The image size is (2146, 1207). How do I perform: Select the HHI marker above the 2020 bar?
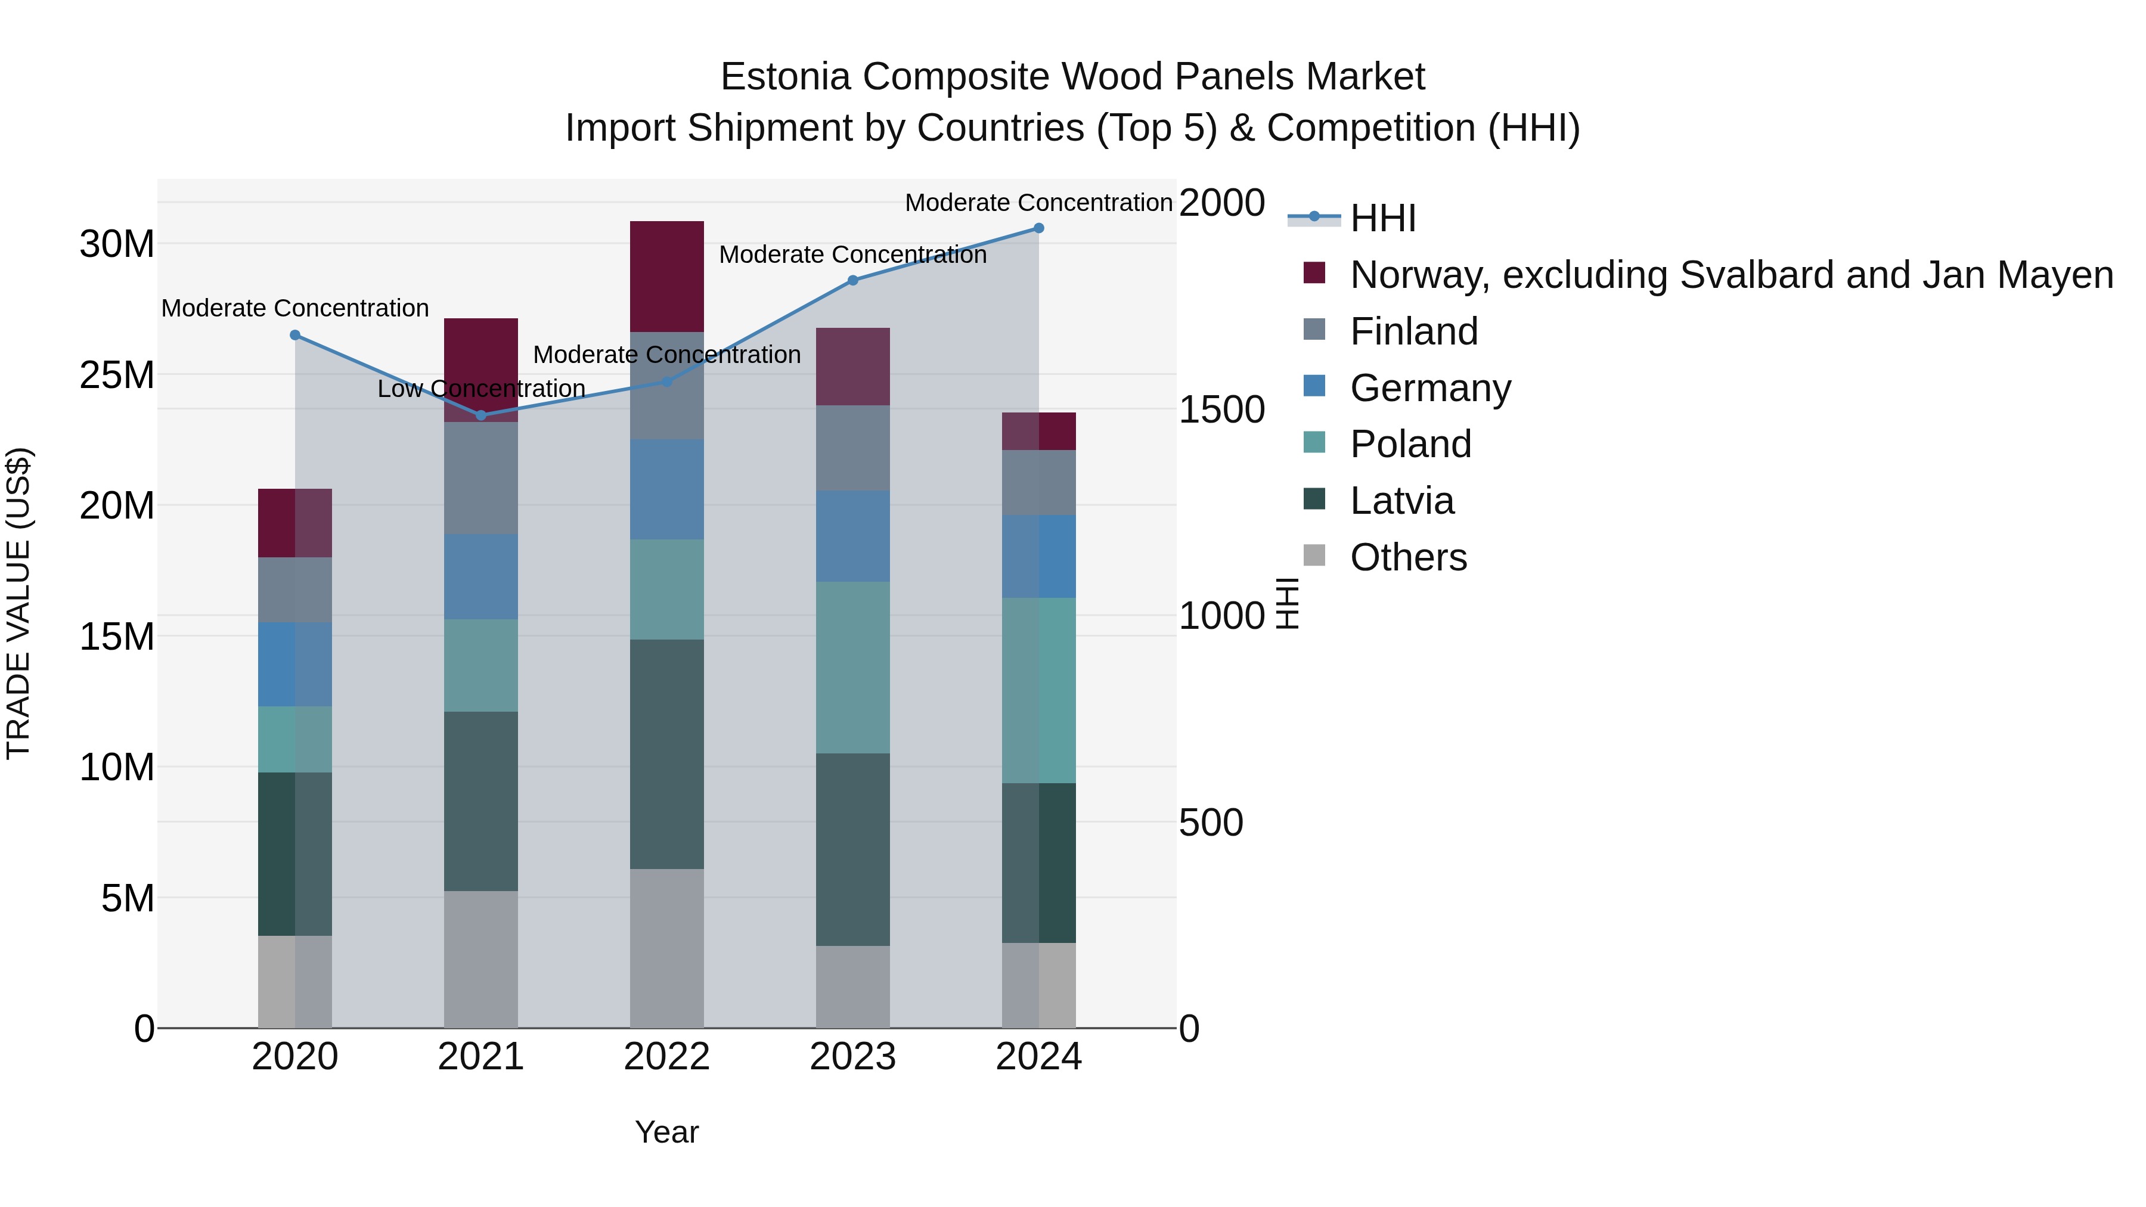295,335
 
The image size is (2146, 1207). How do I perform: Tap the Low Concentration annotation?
482,389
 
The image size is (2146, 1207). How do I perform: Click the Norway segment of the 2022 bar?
666,277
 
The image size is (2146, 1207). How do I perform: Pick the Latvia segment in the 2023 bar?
852,849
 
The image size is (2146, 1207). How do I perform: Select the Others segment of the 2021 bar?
480,959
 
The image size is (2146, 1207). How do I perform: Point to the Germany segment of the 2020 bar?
295,664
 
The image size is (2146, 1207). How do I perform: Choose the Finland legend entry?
1414,331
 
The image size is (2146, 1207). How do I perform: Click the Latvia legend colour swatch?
1314,499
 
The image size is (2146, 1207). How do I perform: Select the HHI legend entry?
1383,218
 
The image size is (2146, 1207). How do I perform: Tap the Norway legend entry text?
1731,275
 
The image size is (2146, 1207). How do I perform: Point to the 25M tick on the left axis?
117,376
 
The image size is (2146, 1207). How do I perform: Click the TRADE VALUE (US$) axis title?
18,603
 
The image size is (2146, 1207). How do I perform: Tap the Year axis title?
666,1132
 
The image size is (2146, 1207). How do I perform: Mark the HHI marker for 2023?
852,281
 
